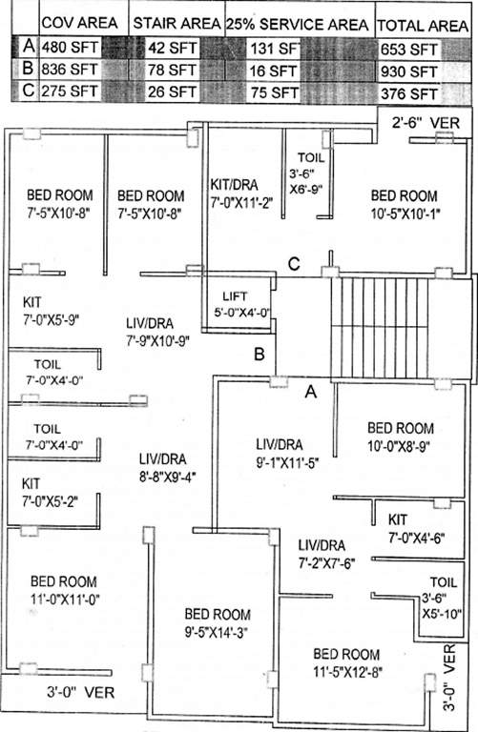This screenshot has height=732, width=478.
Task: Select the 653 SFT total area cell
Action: tap(408, 48)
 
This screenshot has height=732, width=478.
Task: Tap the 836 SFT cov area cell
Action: tap(70, 71)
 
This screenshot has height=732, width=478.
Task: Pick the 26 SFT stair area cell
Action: tap(175, 92)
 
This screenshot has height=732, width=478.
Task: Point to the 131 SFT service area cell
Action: tap(273, 48)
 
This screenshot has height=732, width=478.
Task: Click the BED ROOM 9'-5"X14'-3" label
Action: tap(217, 622)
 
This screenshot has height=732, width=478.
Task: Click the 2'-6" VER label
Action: tap(426, 123)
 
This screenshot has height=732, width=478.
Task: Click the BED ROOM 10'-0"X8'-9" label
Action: tap(400, 436)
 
